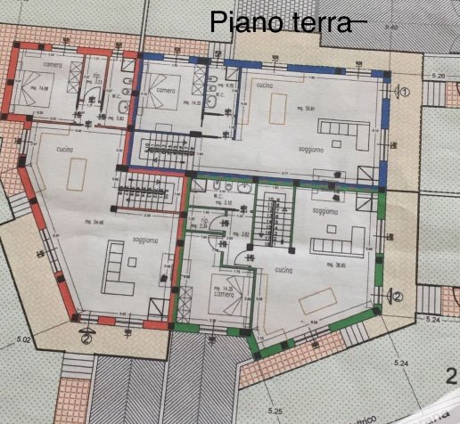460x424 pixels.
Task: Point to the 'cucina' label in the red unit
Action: coord(63,149)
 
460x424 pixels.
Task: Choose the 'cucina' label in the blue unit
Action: coord(264,83)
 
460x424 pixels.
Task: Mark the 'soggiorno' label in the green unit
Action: coord(324,211)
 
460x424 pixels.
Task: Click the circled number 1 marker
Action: coord(403,91)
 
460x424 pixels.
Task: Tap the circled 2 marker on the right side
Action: coord(398,297)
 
